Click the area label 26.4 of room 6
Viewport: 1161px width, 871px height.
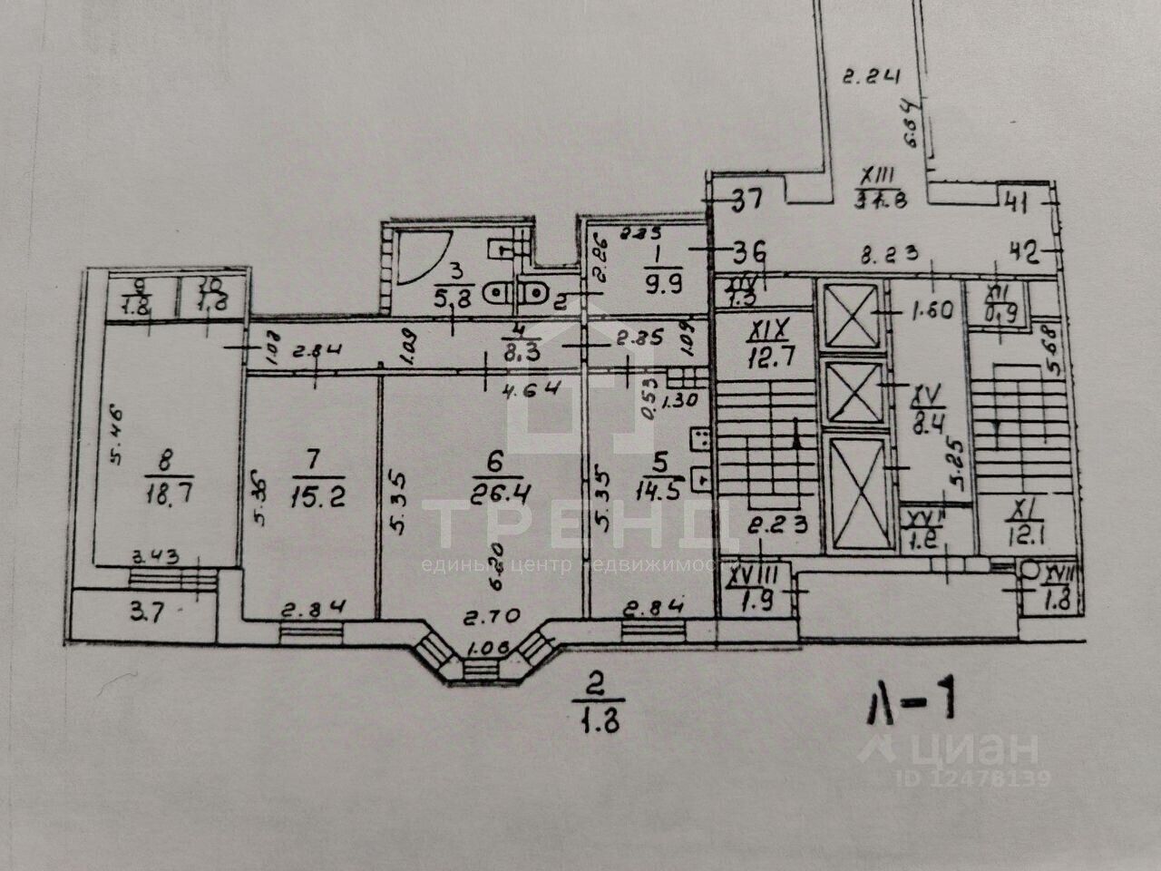(493, 494)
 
